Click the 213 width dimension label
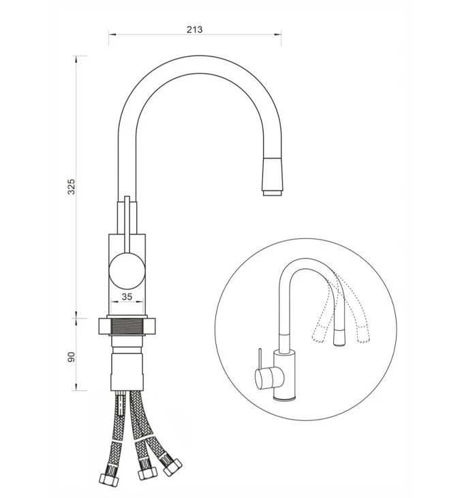pos(194,29)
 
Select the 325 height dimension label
pos(72,187)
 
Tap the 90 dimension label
pos(72,357)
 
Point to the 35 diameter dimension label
pos(127,297)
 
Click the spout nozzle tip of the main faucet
pos(273,193)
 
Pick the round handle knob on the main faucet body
pos(127,271)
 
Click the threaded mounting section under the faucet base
pos(127,326)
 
